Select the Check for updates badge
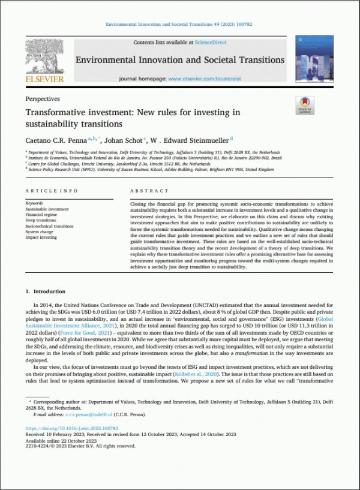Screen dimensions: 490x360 tap(305, 106)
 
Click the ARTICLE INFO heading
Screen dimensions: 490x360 tap(52, 191)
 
